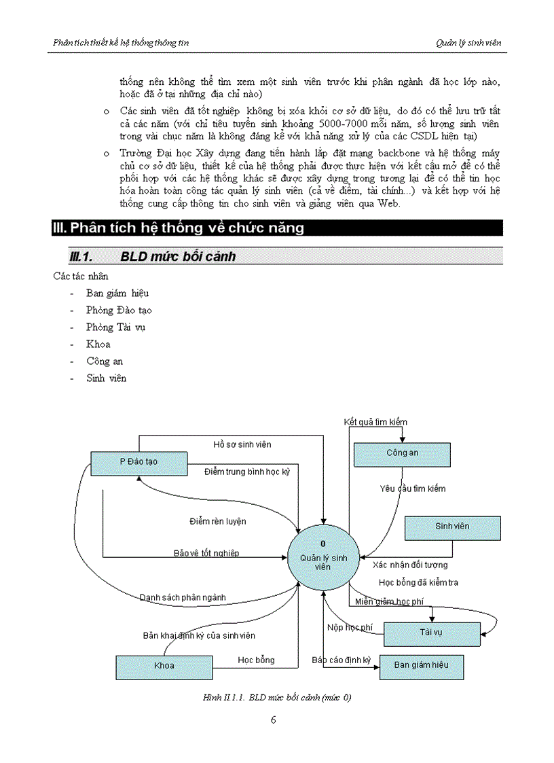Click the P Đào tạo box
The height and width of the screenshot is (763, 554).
[x=138, y=461]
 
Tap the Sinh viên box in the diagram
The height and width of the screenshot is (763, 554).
[x=452, y=527]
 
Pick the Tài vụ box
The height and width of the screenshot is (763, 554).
[x=430, y=633]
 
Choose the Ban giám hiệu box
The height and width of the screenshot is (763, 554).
[x=421, y=665]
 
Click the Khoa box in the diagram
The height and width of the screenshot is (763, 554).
[x=164, y=666]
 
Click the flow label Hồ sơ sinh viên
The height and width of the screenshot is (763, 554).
[x=242, y=444]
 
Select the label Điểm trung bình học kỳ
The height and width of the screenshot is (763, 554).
[x=247, y=471]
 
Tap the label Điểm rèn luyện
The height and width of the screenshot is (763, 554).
[x=217, y=521]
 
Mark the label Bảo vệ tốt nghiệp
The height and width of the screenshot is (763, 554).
[x=206, y=553]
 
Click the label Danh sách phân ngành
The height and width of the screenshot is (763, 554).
[x=183, y=597]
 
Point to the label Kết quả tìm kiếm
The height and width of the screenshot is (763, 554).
[x=375, y=422]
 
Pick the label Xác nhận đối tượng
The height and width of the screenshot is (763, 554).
[x=410, y=565]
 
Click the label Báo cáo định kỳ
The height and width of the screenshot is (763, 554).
[x=341, y=660]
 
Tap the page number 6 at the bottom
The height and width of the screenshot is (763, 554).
[x=273, y=720]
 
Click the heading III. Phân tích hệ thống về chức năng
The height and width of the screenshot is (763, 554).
[x=179, y=228]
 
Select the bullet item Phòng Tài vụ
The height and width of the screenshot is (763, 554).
[x=115, y=327]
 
